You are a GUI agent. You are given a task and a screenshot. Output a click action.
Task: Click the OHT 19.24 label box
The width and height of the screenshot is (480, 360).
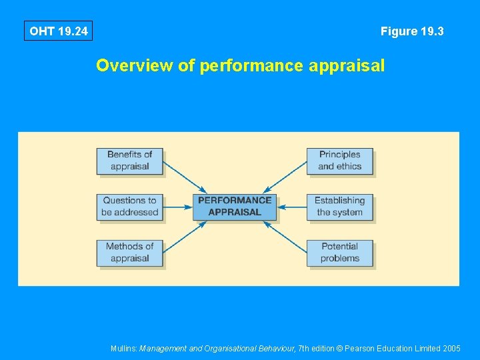tap(58, 31)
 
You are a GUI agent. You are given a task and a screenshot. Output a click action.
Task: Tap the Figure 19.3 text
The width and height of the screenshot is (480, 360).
tap(412, 31)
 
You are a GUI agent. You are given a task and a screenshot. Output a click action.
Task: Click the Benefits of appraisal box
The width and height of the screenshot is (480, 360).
tap(129, 161)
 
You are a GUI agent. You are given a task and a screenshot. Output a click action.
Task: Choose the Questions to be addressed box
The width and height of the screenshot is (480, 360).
tap(129, 207)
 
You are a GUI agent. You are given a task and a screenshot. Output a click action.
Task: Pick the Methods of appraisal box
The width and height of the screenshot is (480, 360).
tap(129, 253)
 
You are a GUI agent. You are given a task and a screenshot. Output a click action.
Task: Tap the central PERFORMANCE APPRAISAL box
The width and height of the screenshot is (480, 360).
tap(235, 207)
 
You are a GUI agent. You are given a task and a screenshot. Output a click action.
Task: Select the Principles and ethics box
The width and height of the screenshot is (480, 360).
tap(339, 161)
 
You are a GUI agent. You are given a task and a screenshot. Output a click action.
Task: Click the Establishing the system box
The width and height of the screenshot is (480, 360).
tap(339, 207)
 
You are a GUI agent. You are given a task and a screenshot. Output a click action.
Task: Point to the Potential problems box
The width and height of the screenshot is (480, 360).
tap(339, 253)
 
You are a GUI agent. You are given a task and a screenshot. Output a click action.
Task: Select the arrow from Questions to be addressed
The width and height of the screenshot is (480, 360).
tap(178, 207)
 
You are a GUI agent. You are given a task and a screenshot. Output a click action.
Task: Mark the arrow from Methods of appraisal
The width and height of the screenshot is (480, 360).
tap(185, 237)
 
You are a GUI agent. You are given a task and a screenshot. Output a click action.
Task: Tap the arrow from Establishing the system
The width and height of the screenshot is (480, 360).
tap(291, 207)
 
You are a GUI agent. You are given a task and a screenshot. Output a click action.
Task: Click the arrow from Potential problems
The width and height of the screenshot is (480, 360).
tap(285, 237)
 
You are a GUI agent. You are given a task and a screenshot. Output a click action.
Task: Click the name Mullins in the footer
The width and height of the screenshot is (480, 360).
tap(123, 349)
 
